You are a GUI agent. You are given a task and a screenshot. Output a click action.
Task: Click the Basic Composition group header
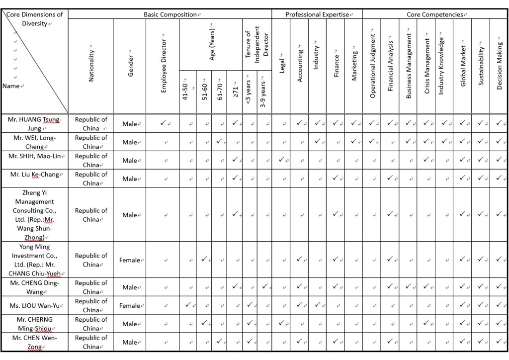click(x=170, y=14)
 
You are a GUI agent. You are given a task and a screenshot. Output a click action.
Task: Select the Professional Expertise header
click(x=317, y=14)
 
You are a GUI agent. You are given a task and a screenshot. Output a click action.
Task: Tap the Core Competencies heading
click(x=435, y=14)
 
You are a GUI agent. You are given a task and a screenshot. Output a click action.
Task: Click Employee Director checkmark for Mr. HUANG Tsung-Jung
click(x=163, y=123)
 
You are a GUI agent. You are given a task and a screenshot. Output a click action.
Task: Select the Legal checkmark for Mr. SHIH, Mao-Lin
click(x=281, y=160)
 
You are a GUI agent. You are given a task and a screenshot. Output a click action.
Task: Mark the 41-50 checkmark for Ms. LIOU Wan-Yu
click(x=187, y=305)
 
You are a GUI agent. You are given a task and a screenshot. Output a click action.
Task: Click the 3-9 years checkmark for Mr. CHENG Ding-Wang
click(x=265, y=286)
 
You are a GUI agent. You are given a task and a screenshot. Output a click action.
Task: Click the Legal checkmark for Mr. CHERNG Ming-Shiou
click(x=281, y=323)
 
